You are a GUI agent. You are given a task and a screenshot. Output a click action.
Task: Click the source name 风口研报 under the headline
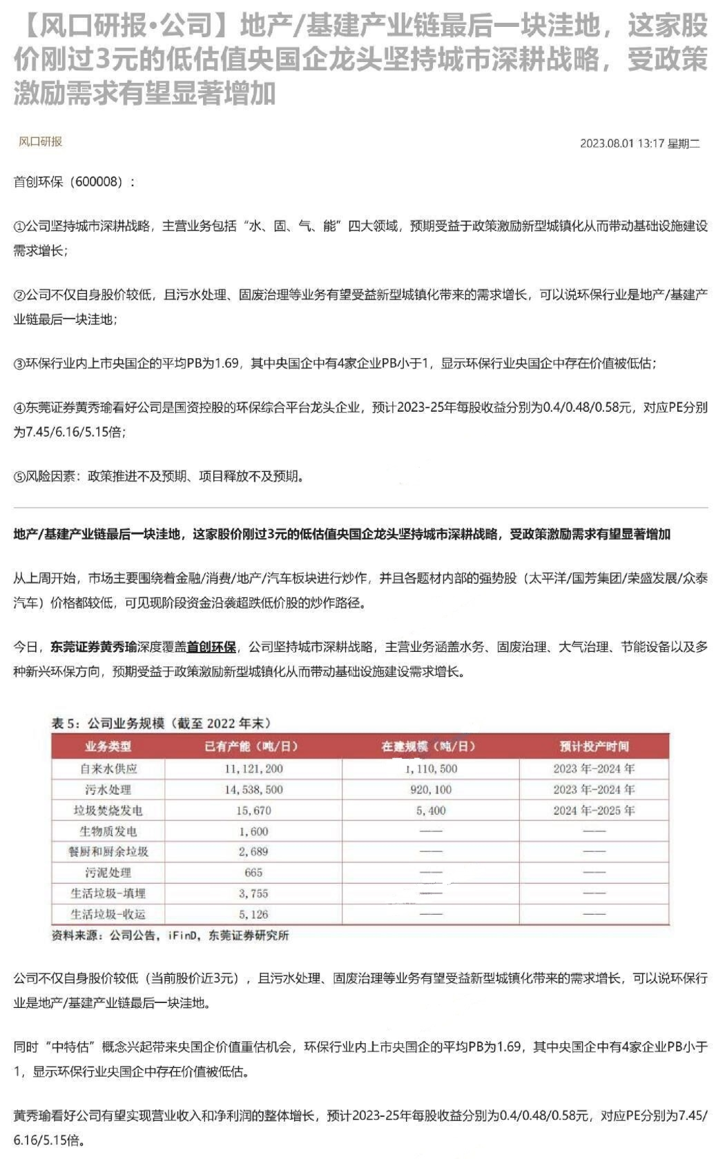tap(40, 141)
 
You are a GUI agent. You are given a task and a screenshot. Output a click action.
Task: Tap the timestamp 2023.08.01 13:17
tap(621, 143)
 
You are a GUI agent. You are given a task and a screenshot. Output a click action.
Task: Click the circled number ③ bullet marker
tap(19, 364)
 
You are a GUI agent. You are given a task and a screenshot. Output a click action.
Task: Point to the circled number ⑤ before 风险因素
tap(19, 476)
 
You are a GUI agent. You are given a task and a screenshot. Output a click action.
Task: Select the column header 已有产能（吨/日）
tap(253, 746)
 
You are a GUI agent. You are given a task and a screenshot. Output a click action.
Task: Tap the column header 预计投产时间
tap(594, 746)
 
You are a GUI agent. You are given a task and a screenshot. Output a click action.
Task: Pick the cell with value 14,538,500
tap(253, 789)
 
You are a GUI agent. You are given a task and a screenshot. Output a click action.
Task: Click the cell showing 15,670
tap(253, 811)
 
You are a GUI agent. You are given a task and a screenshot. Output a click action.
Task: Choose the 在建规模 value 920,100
tap(432, 789)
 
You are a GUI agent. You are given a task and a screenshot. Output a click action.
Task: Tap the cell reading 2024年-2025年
tap(594, 811)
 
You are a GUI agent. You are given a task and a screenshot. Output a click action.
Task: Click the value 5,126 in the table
tap(253, 915)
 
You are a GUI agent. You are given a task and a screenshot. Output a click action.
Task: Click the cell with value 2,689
tap(253, 852)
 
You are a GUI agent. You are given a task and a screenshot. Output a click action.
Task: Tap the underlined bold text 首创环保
tap(211, 647)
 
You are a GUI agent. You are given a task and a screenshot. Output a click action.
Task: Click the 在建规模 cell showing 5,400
tap(432, 811)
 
